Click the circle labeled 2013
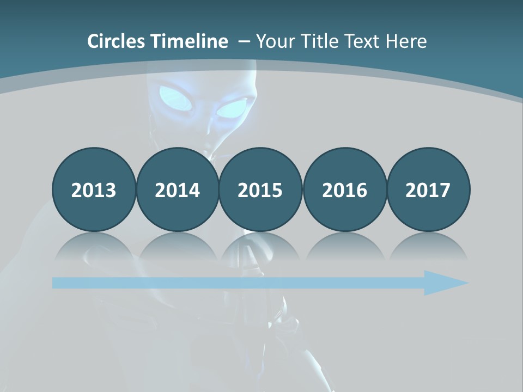[x=94, y=189]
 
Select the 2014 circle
[x=178, y=189]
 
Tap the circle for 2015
[x=260, y=189]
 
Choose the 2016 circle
[x=344, y=189]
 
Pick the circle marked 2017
[x=428, y=189]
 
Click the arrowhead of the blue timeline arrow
[x=444, y=283]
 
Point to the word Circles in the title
[x=117, y=41]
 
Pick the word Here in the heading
[x=406, y=41]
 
